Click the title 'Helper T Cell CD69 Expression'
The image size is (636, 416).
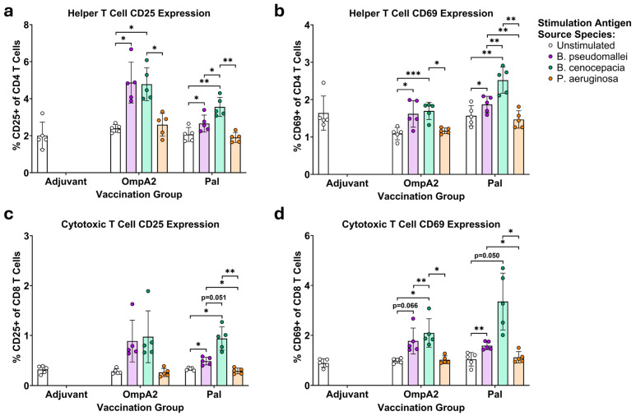pos(421,13)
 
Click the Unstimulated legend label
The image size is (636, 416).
pos(586,45)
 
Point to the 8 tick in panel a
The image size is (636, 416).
pos(26,25)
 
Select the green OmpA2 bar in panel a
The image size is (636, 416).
pos(146,128)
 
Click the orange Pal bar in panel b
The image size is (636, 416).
pos(519,147)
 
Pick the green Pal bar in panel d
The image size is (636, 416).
pos(503,344)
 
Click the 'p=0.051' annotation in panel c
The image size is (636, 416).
pos(214,298)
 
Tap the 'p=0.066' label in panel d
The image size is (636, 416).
pos(405,306)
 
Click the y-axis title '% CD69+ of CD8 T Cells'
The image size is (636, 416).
pos(298,307)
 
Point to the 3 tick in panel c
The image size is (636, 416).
pos(26,236)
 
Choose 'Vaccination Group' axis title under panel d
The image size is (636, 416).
pos(421,408)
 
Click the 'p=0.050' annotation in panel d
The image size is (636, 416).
pos(487,256)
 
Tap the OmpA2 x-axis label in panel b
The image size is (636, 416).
pos(421,183)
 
